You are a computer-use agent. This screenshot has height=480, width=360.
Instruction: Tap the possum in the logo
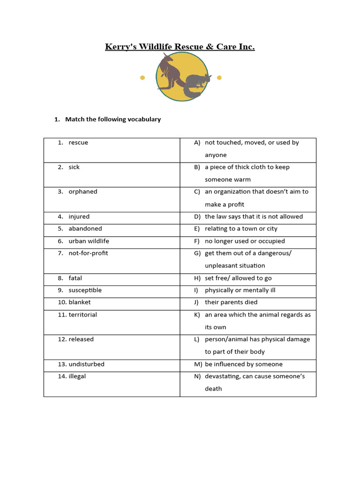(x=196, y=84)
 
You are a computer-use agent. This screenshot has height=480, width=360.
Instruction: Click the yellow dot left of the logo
(x=142, y=78)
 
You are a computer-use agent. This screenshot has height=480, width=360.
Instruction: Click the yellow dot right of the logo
(x=219, y=77)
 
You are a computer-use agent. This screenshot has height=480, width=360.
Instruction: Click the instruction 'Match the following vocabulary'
(x=112, y=119)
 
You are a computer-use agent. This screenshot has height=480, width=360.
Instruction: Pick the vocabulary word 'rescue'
(x=78, y=142)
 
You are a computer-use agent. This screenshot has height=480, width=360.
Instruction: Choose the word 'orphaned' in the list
(x=83, y=192)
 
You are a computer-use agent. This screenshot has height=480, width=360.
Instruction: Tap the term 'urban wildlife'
(x=89, y=241)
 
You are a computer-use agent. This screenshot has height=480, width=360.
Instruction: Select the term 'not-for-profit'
(x=88, y=253)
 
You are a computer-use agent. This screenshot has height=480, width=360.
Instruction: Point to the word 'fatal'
(x=75, y=278)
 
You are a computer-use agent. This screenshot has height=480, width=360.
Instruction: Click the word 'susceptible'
(x=85, y=290)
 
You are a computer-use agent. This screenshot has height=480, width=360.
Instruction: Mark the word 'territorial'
(x=82, y=315)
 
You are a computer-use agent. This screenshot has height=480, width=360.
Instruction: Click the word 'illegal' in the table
(x=77, y=376)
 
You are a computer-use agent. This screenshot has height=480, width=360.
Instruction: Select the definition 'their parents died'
(x=231, y=302)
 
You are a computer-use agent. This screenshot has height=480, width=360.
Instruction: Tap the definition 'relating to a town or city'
(x=241, y=229)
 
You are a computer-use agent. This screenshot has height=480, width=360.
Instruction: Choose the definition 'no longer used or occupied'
(x=245, y=241)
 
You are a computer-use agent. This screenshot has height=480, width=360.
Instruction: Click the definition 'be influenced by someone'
(x=244, y=364)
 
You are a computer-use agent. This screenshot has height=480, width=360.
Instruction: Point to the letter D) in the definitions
(x=197, y=217)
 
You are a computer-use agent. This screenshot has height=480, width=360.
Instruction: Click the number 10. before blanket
(x=62, y=302)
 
